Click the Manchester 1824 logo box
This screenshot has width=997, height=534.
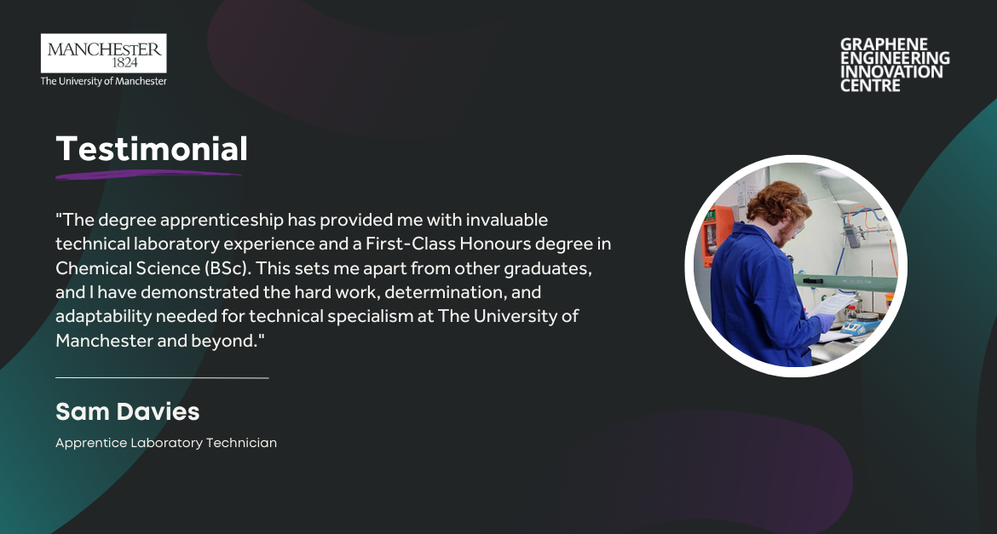click(x=104, y=54)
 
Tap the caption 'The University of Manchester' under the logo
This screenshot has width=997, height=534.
click(x=104, y=82)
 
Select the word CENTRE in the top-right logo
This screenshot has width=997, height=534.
click(x=871, y=86)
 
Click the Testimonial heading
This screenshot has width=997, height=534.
click(x=152, y=149)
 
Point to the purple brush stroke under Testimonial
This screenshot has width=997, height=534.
click(x=148, y=175)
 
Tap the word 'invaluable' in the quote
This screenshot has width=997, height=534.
click(x=507, y=220)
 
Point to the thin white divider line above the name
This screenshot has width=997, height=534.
click(x=162, y=377)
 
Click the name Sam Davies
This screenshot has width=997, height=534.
click(x=128, y=412)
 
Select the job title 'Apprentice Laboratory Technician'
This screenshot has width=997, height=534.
click(x=166, y=443)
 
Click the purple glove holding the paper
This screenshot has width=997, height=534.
click(x=826, y=322)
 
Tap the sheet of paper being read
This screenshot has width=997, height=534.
click(x=833, y=304)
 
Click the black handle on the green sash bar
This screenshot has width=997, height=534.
click(x=810, y=279)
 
